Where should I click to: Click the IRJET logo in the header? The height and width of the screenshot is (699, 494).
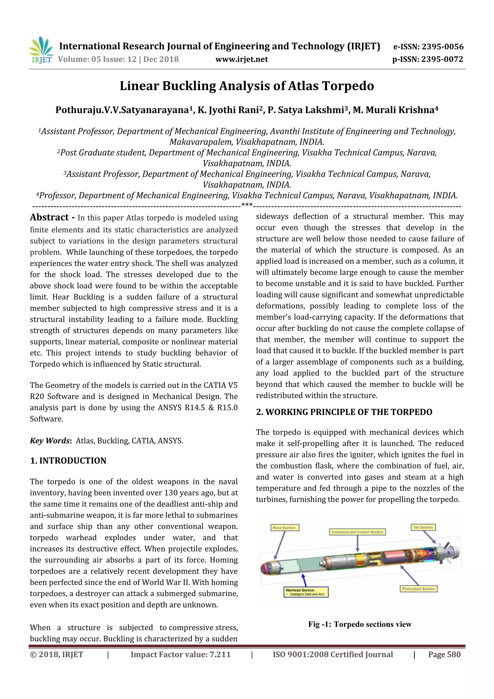[x=41, y=50]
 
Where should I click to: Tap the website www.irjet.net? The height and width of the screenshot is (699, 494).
[x=241, y=59]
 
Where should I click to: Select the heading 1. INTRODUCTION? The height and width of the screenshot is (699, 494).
[x=68, y=461]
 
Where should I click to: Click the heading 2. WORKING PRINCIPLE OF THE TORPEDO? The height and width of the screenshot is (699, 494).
[x=344, y=412]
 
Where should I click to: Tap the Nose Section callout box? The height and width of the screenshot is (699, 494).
[x=285, y=528]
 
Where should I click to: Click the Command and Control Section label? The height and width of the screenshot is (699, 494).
[x=357, y=532]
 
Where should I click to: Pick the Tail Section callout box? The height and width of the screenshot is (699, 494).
[x=423, y=527]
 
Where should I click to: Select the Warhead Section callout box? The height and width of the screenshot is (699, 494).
[x=306, y=592]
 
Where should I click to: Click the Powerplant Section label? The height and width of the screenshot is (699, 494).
[x=418, y=589]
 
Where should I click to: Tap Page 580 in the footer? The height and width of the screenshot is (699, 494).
[x=444, y=655]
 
